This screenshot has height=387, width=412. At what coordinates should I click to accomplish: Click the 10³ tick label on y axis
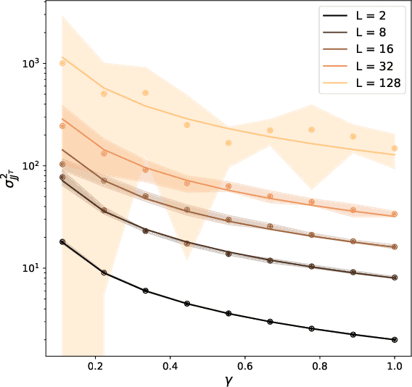click(x=30, y=63)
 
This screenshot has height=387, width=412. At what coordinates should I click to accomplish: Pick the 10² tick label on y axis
click(x=30, y=165)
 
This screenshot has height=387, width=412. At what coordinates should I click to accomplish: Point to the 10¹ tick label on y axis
click(x=30, y=268)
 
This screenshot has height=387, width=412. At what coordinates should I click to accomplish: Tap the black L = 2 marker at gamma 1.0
click(x=395, y=339)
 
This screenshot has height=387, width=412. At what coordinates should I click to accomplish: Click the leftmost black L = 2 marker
click(x=62, y=241)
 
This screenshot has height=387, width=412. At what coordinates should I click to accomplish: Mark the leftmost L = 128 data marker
click(x=62, y=63)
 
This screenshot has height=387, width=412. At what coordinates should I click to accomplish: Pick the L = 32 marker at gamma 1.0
click(x=395, y=214)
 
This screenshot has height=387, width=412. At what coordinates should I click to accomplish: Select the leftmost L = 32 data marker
click(x=62, y=126)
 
